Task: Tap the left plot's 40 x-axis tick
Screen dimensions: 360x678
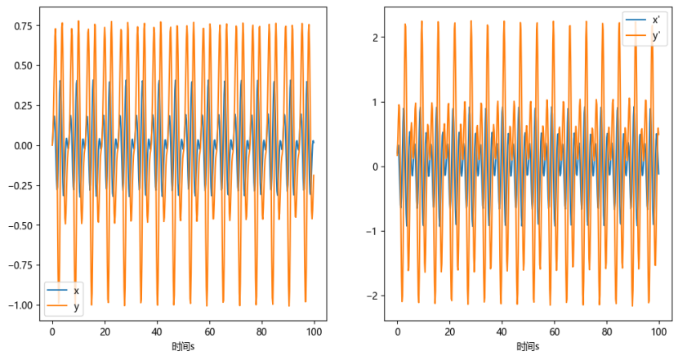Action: click(157, 333)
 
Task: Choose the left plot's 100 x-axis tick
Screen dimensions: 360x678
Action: click(314, 333)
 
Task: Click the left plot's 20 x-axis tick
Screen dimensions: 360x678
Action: click(105, 333)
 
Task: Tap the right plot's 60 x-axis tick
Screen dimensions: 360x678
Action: click(554, 333)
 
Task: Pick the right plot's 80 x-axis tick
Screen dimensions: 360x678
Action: click(606, 333)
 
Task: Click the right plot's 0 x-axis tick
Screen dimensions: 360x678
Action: click(397, 333)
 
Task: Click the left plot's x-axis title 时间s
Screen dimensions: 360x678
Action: click(183, 347)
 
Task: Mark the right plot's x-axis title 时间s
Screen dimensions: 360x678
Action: click(527, 347)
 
